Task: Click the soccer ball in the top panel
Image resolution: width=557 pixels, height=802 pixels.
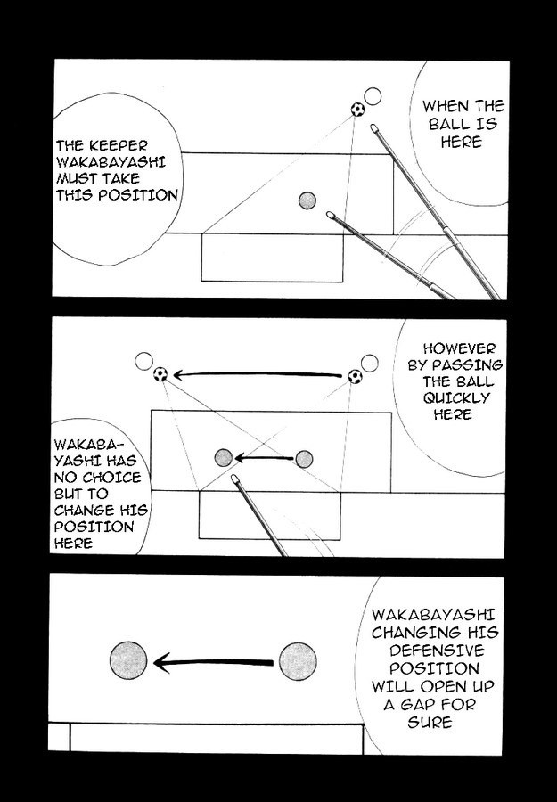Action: (x=357, y=110)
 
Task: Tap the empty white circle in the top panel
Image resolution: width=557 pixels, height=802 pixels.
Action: (x=373, y=96)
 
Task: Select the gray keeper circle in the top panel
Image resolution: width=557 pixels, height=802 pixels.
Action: (x=307, y=200)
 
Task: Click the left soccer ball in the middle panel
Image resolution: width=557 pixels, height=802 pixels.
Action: (x=160, y=374)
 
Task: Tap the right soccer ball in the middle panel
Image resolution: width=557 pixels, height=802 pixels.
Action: (x=355, y=377)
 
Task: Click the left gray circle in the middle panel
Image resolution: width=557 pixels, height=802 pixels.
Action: (x=223, y=458)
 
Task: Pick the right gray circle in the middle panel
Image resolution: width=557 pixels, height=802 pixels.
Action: (x=304, y=459)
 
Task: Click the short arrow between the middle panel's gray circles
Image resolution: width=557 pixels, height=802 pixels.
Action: (x=263, y=459)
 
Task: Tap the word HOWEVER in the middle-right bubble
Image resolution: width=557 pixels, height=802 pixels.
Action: (x=460, y=348)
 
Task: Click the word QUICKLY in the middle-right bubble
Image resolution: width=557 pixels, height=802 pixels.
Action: (x=461, y=398)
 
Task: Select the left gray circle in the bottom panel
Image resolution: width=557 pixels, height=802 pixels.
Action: (x=128, y=661)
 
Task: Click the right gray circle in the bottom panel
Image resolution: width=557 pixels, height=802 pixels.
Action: (x=298, y=662)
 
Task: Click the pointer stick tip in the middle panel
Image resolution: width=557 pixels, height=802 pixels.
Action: (x=235, y=479)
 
